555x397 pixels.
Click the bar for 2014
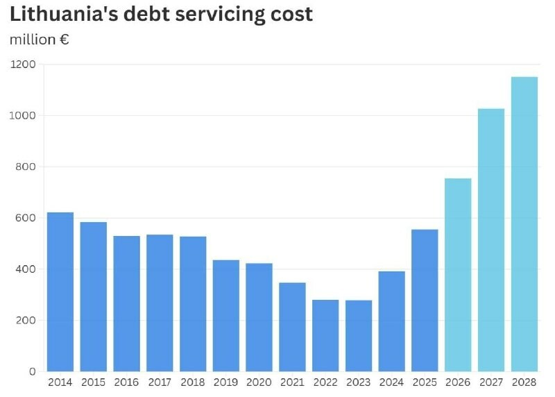tap(60, 292)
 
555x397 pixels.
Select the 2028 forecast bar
tap(524, 224)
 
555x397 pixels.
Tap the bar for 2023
tap(359, 336)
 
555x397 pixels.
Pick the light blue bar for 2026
tap(458, 275)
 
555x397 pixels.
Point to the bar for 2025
tap(425, 301)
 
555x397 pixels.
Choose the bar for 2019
tap(226, 316)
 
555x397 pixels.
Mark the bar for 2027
tap(491, 239)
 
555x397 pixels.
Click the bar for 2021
tap(292, 327)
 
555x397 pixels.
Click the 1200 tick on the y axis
tap(23, 65)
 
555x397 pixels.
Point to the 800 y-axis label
tap(26, 167)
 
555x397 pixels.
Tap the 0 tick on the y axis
tap(33, 371)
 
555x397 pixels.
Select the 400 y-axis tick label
tap(26, 269)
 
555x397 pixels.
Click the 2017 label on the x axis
tap(160, 382)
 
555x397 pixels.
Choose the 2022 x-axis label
tap(325, 382)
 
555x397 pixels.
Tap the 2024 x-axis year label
tap(391, 382)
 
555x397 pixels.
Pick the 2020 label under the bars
tap(259, 382)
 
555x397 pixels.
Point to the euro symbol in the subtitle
tap(64, 40)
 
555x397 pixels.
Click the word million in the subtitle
tap(33, 40)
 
